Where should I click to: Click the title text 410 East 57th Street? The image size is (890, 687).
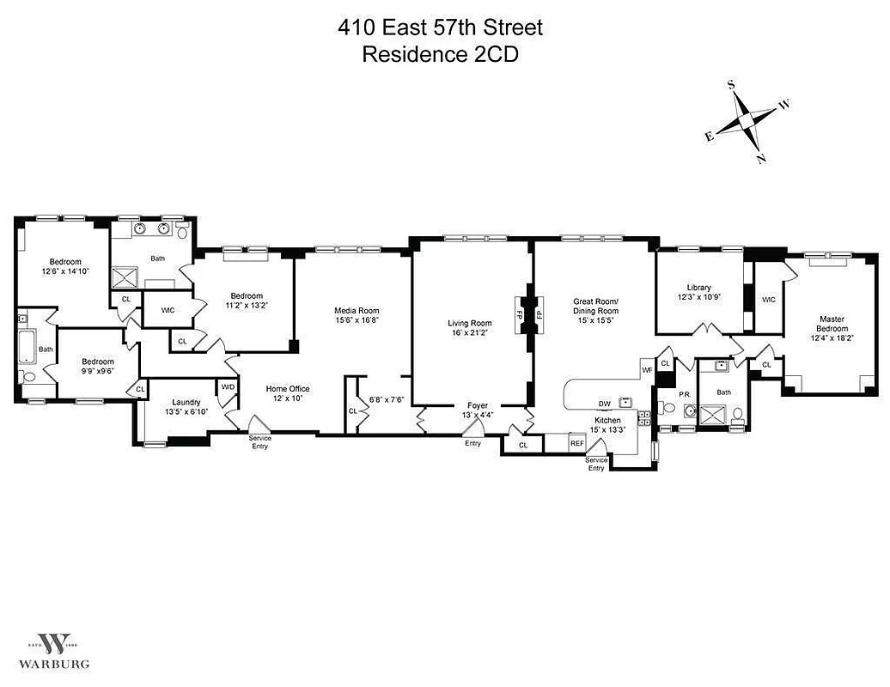(x=440, y=27)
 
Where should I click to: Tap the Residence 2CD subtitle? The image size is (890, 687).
(x=440, y=54)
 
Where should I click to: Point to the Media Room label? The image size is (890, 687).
(x=357, y=311)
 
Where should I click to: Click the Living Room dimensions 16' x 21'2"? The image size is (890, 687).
(x=470, y=334)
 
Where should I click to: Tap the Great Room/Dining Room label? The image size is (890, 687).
(x=596, y=307)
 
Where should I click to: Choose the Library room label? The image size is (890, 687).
(x=698, y=287)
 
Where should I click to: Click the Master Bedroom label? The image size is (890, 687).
(x=832, y=324)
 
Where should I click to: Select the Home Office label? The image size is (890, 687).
(x=287, y=389)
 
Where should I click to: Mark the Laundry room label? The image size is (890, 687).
(x=186, y=401)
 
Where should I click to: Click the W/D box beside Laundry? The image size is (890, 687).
(x=228, y=387)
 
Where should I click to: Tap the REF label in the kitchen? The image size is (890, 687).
(x=577, y=443)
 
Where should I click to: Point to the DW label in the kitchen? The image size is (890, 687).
(x=605, y=404)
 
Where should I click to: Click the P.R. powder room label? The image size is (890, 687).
(x=685, y=394)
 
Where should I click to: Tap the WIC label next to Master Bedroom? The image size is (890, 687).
(x=769, y=299)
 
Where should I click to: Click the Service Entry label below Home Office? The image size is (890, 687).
(x=260, y=442)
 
